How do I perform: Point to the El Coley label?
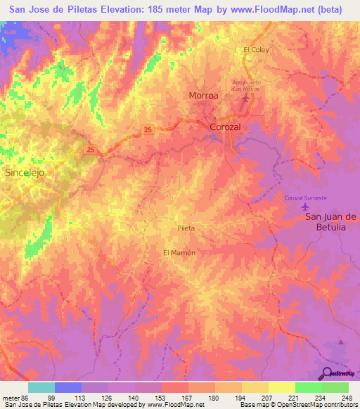tap(256, 50)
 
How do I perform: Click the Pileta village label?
tap(186, 228)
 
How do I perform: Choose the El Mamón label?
tap(179, 252)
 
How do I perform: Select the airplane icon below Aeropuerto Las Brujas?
tap(245, 97)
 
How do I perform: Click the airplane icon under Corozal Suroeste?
tap(305, 208)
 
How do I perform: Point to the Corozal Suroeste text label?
tap(306, 198)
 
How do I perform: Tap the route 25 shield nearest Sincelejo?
tap(91, 150)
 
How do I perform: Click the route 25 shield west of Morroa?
tap(147, 129)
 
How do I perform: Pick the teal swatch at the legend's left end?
tap(41, 387)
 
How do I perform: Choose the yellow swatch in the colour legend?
tap(282, 387)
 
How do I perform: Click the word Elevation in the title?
tap(123, 9)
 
